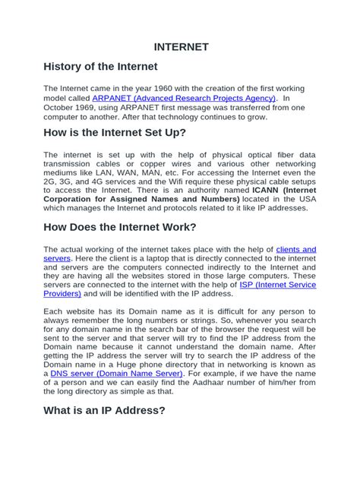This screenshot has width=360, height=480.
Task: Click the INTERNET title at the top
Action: (180, 46)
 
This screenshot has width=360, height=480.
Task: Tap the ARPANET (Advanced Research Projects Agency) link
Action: (185, 99)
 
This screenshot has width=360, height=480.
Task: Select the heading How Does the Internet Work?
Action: (120, 228)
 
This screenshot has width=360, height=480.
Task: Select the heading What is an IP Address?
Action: (104, 431)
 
